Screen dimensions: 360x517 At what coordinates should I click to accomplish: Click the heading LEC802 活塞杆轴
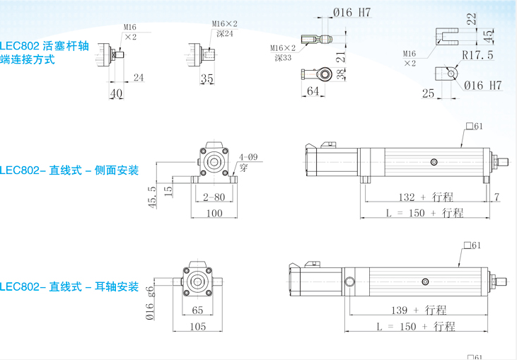pos(45,46)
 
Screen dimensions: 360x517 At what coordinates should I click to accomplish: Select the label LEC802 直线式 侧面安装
pos(69,170)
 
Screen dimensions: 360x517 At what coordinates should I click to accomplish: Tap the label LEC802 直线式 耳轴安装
pos(69,287)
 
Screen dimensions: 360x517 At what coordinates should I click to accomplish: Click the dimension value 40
pos(116,93)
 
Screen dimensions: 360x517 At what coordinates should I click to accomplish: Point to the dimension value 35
pos(207,79)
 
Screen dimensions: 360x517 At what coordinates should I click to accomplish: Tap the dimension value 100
pos(214,213)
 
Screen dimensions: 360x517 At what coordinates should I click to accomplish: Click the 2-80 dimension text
pos(214,196)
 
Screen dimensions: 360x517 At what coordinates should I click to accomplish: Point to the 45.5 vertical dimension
pos(151,199)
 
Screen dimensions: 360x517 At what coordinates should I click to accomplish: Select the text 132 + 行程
pos(426,197)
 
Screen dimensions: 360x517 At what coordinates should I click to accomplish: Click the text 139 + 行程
pos(419,310)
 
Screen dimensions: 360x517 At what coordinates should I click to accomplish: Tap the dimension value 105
pos(198,326)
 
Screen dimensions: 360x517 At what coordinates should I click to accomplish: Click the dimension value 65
pos(198,310)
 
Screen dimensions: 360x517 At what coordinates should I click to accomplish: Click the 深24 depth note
pos(224,33)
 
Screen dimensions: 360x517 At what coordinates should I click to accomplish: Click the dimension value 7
pos(497,197)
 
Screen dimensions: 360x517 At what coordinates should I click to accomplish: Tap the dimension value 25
pos(427,93)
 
